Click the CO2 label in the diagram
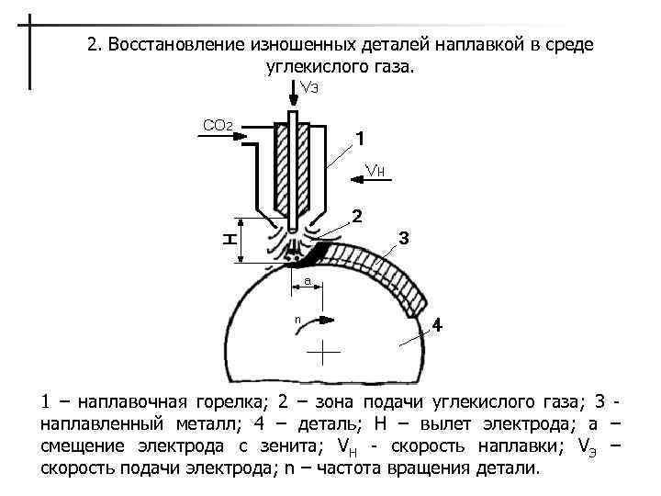[218, 125]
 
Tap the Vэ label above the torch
[308, 87]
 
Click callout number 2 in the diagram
[357, 217]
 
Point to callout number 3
[403, 239]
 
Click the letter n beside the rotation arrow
[297, 319]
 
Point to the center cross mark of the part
[323, 352]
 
